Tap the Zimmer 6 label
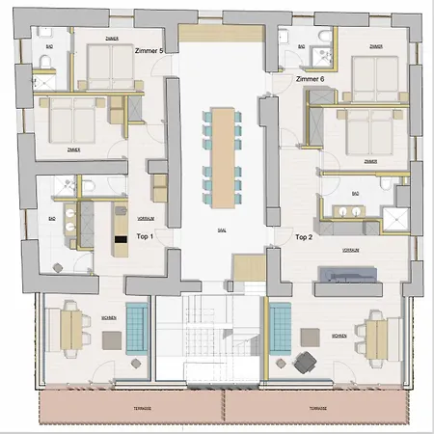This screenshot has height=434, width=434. pyautogui.click(x=315, y=78)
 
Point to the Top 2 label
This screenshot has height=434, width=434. pyautogui.click(x=306, y=235)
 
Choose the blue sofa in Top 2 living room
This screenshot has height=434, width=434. pyautogui.click(x=281, y=327)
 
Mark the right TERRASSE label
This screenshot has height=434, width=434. pyautogui.click(x=313, y=408)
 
